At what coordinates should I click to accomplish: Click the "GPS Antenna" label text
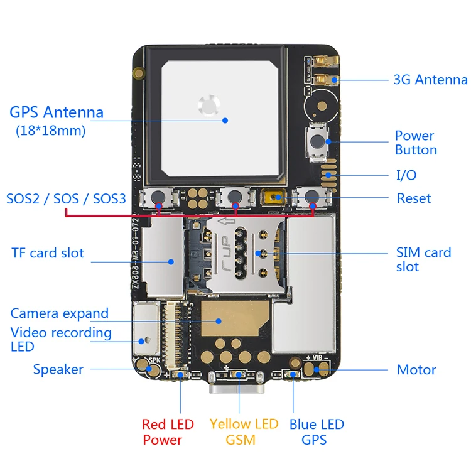point(57,113)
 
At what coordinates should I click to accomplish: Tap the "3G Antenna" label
point(430,80)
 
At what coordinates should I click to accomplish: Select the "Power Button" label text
point(415,143)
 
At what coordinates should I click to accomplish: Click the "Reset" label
point(414,198)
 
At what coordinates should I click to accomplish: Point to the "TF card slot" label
point(48,253)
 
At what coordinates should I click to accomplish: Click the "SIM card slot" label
point(423,259)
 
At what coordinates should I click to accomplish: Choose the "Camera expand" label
point(60,313)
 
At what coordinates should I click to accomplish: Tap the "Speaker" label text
point(58,369)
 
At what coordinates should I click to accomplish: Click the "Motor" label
point(416,369)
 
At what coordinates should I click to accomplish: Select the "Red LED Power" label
point(168,432)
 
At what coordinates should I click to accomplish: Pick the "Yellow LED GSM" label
point(244,432)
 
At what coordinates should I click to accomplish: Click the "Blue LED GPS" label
point(317,432)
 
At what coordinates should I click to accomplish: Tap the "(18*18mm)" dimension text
point(50,131)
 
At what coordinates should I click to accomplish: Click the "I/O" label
point(406,175)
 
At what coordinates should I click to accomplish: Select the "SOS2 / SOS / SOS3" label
point(66,199)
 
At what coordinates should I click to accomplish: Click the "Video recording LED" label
point(61,339)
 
